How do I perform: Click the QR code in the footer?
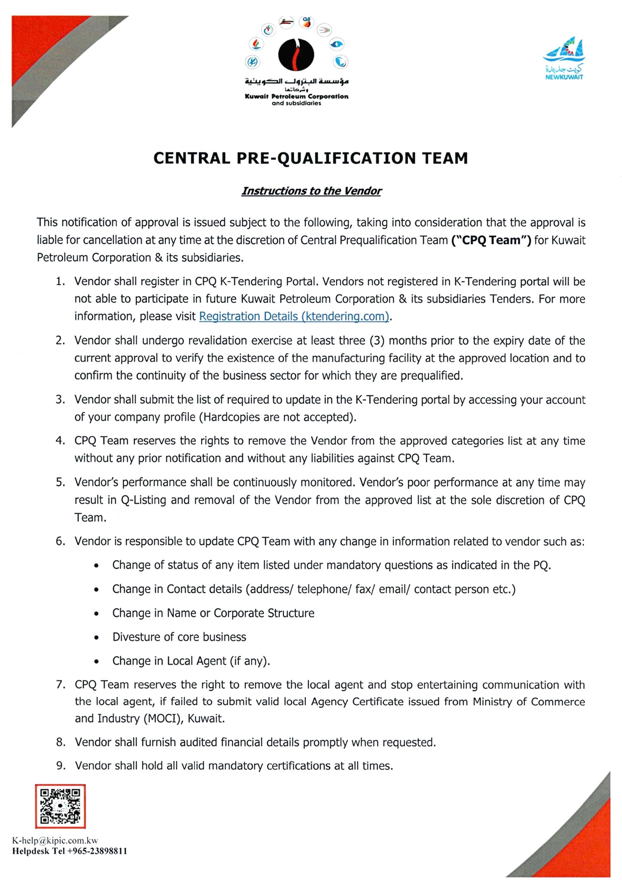coord(60,806)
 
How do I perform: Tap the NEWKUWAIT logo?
coord(564,59)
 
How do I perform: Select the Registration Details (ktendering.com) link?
coord(294,316)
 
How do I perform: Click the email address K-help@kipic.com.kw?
coord(55,840)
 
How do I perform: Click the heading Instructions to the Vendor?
coord(311,191)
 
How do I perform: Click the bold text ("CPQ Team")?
coord(491,240)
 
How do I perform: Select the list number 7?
coord(60,685)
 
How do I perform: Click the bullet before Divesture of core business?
coord(97,638)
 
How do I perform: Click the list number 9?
coord(60,766)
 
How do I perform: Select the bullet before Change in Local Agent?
coord(97,662)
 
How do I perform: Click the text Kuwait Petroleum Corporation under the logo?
coord(297,96)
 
